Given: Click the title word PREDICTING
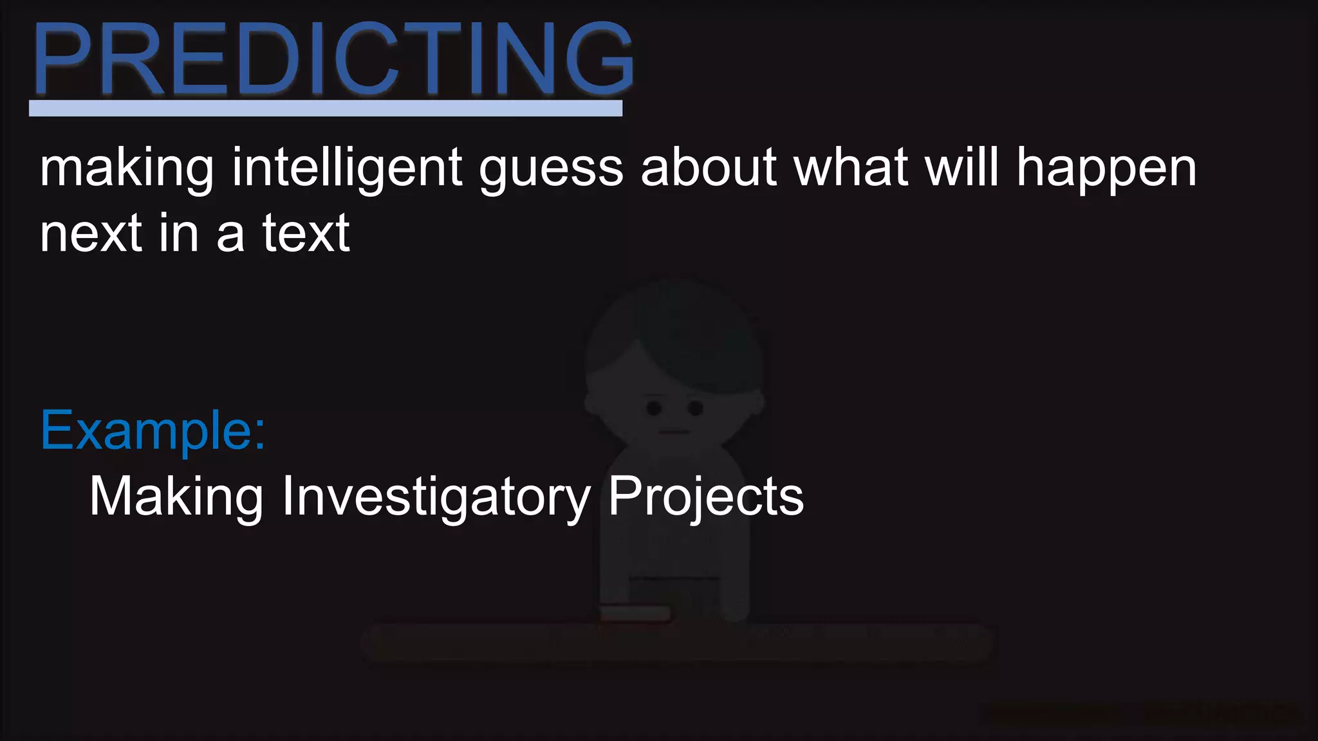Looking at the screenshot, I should pyautogui.click(x=333, y=59).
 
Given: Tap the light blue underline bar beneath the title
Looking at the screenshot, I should pyautogui.click(x=326, y=108).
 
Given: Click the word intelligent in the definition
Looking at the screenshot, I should pyautogui.click(x=347, y=169).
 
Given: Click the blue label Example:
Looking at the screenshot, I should pyautogui.click(x=153, y=431).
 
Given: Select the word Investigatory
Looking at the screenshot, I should pyautogui.click(x=436, y=497).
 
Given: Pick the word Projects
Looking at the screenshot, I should pyautogui.click(x=706, y=497).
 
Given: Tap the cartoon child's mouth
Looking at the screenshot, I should pyautogui.click(x=673, y=432).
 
